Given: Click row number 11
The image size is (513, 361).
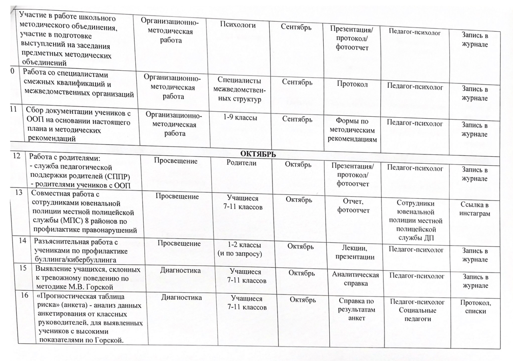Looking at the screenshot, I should click(13, 110).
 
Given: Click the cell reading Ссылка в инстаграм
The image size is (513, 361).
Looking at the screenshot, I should click(475, 209).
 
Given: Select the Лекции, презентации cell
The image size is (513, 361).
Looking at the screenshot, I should click(356, 252).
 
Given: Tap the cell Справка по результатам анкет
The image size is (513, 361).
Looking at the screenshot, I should click(357, 308).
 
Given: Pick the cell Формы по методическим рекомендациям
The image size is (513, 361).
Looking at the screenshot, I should click(355, 131).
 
